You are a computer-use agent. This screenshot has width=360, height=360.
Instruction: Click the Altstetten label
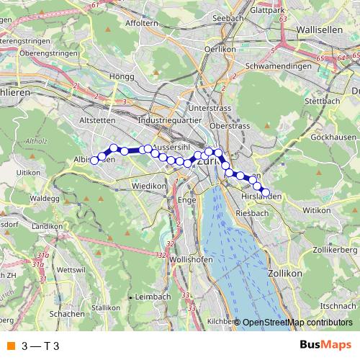(x=96, y=120)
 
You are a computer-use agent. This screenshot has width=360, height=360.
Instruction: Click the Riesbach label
(x=252, y=213)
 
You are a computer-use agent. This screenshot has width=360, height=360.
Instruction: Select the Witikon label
(x=315, y=210)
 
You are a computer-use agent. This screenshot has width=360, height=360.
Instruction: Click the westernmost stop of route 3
(x=94, y=160)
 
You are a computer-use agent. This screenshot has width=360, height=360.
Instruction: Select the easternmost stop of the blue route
(x=266, y=193)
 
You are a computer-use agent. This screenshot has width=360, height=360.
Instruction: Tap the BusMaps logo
(x=325, y=345)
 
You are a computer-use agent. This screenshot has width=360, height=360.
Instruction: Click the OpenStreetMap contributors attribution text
(x=295, y=323)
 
